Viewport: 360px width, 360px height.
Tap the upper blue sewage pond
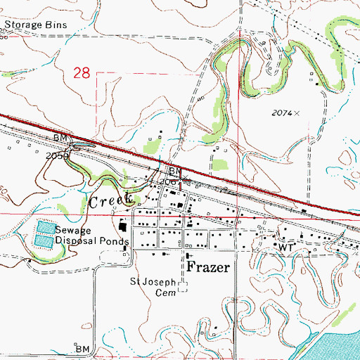point(44,229)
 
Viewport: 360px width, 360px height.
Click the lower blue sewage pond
point(44,240)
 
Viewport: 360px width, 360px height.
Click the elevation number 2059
point(58,155)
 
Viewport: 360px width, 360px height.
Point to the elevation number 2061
point(169,182)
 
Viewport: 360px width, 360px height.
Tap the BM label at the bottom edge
point(83,349)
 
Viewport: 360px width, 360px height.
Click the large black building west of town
point(122,228)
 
